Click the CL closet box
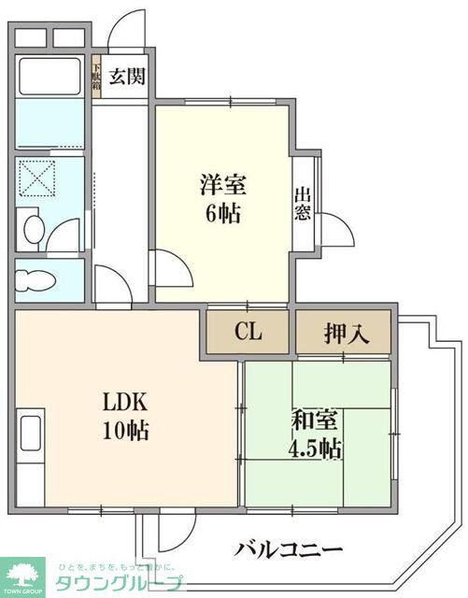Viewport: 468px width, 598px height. pos(248,332)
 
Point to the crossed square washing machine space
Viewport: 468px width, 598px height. pos(40,178)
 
